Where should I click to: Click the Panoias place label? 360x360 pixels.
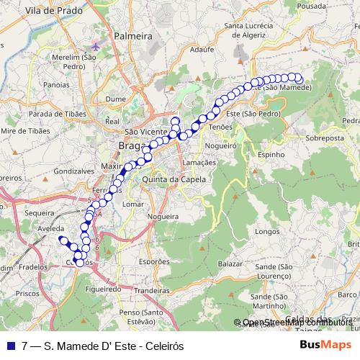[55, 84]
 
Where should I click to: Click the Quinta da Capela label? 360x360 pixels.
[169, 179]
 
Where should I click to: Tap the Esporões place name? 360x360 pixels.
[153, 262]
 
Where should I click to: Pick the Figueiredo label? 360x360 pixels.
[100, 287]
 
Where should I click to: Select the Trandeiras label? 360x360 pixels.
[150, 290]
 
